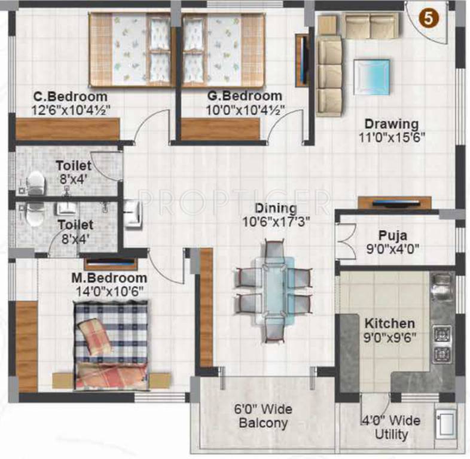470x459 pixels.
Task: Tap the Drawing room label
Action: coord(392,124)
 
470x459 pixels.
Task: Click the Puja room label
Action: coord(393,235)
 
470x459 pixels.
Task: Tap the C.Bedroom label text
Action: coord(71,96)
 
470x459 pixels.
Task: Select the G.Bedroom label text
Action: coord(245,96)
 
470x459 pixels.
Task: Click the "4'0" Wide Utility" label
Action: coord(390,427)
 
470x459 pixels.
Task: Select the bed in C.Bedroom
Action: coord(132,50)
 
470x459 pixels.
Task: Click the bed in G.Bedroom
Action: coord(222,50)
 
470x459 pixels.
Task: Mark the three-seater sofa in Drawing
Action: coord(328,75)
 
